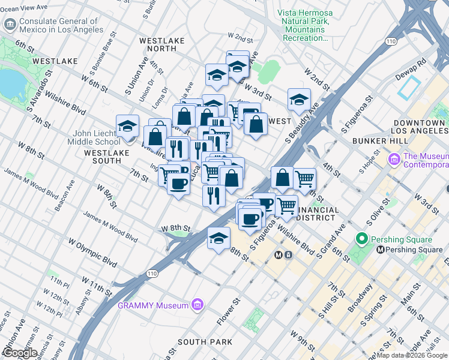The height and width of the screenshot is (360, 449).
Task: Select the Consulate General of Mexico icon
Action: coord(10,25)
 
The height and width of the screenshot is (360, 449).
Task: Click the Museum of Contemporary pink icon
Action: coord(394,160)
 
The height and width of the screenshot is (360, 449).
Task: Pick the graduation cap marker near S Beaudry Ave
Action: coord(298,100)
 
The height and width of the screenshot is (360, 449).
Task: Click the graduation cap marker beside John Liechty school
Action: coord(127,126)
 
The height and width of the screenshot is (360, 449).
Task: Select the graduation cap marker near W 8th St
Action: coord(218,238)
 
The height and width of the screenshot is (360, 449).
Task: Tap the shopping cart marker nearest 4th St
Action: coord(305,178)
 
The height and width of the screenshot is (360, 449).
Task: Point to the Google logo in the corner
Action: coord(20,353)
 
